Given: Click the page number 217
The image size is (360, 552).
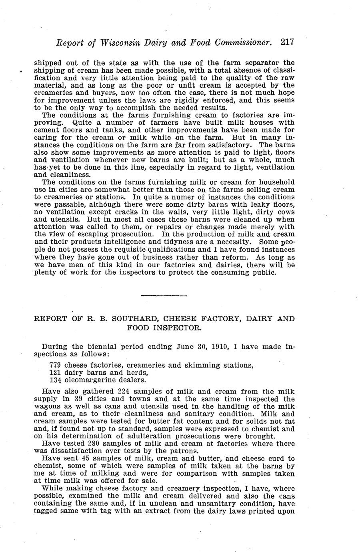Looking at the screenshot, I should (287, 42).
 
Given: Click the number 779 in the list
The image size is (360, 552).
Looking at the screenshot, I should (55, 365).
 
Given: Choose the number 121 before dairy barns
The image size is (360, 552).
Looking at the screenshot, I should (55, 372).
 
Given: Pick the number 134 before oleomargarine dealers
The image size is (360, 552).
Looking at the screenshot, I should (55, 380).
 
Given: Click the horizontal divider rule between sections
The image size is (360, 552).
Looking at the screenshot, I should (164, 296).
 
